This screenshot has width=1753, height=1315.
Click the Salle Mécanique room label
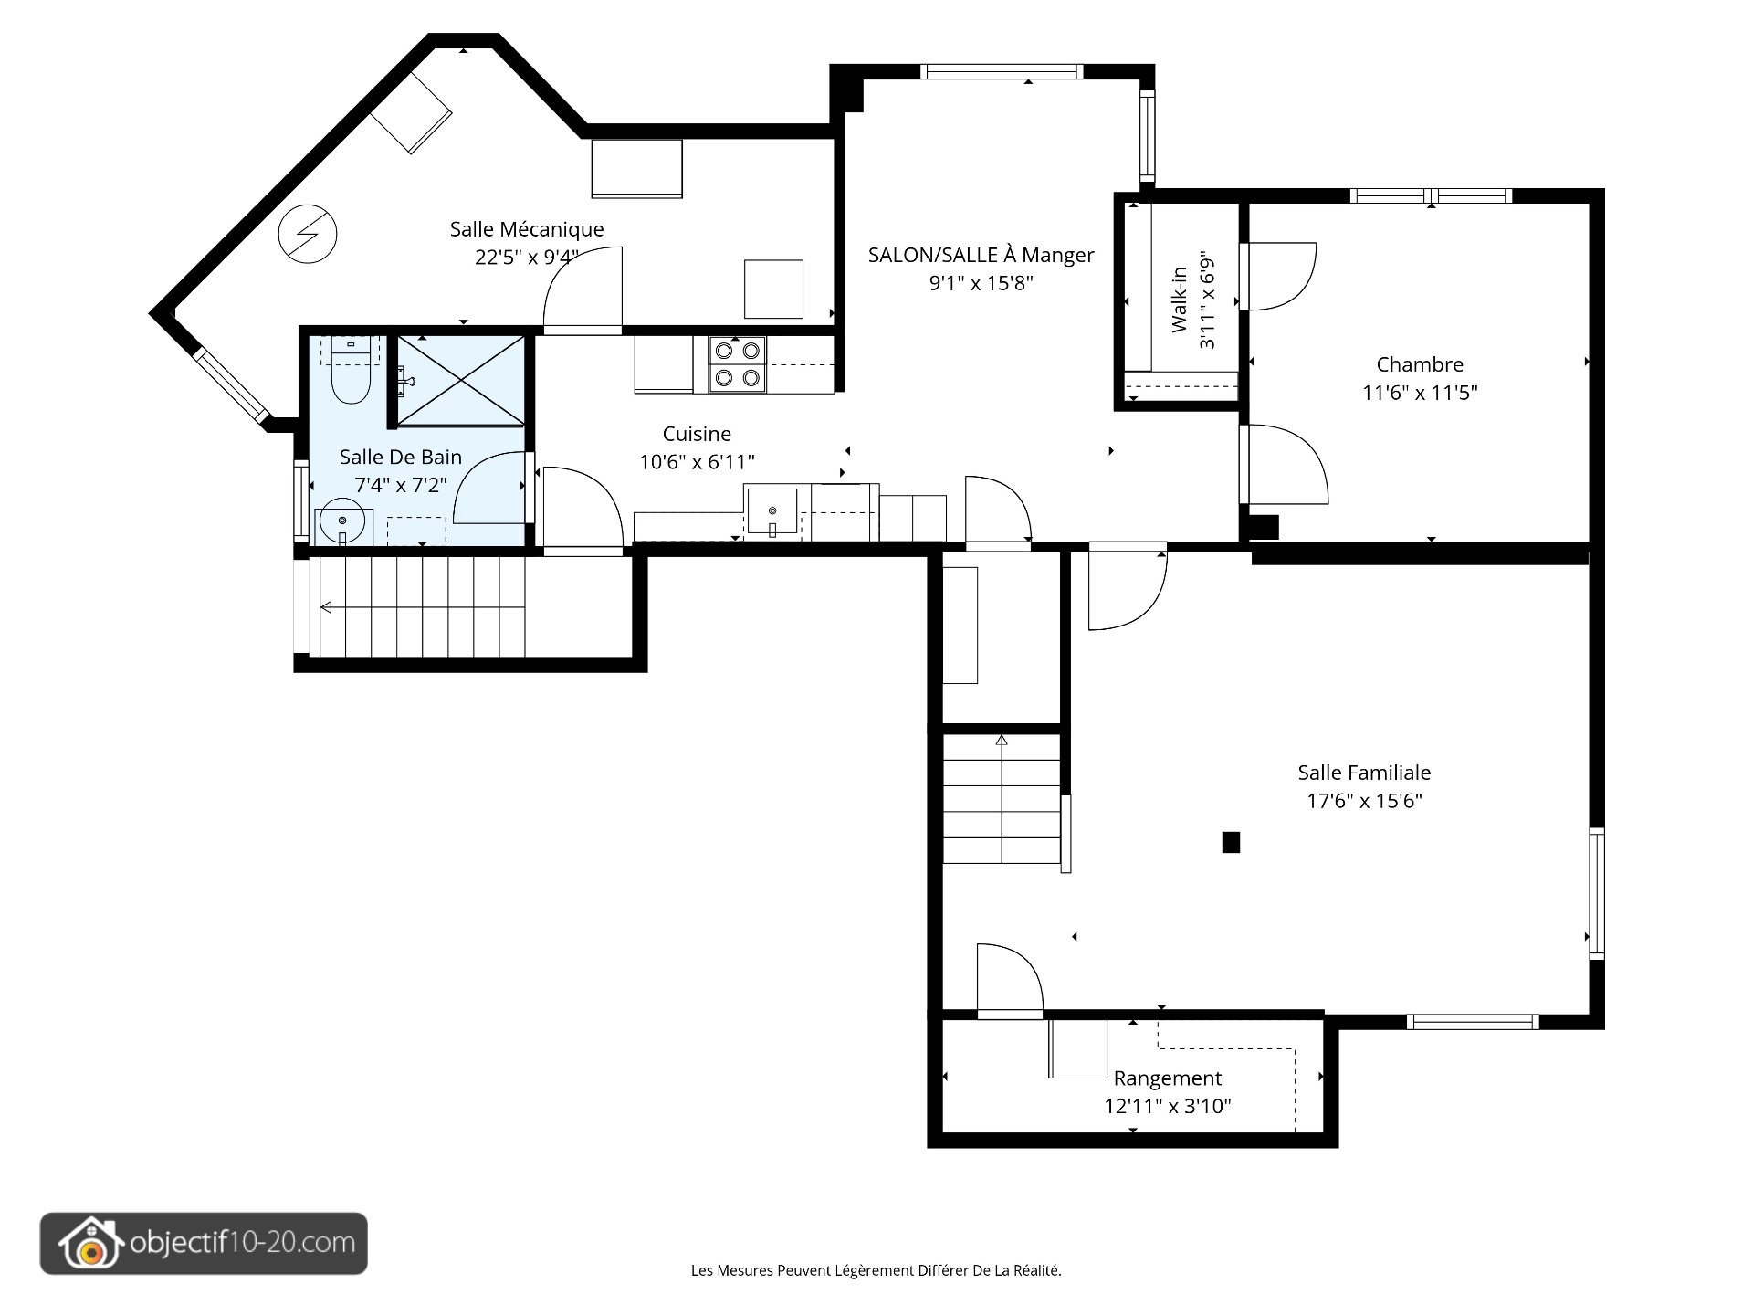tap(527, 229)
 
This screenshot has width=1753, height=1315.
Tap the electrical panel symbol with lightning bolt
tap(308, 235)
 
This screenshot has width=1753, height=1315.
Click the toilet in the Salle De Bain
tap(350, 372)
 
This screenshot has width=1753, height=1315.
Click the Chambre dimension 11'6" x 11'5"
tap(1420, 393)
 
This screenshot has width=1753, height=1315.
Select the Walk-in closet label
tap(1179, 300)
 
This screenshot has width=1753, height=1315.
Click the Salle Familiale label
tap(1364, 773)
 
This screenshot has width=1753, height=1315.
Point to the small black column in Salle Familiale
tap(1231, 842)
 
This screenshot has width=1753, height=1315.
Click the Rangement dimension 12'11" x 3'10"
tap(1168, 1107)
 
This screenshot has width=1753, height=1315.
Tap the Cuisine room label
tap(697, 434)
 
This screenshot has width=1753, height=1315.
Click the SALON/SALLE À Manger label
tap(981, 255)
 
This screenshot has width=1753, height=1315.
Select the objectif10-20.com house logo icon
tap(90, 1243)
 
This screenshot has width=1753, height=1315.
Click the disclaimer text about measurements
tap(876, 1270)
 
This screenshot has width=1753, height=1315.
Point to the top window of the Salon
tap(1002, 72)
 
